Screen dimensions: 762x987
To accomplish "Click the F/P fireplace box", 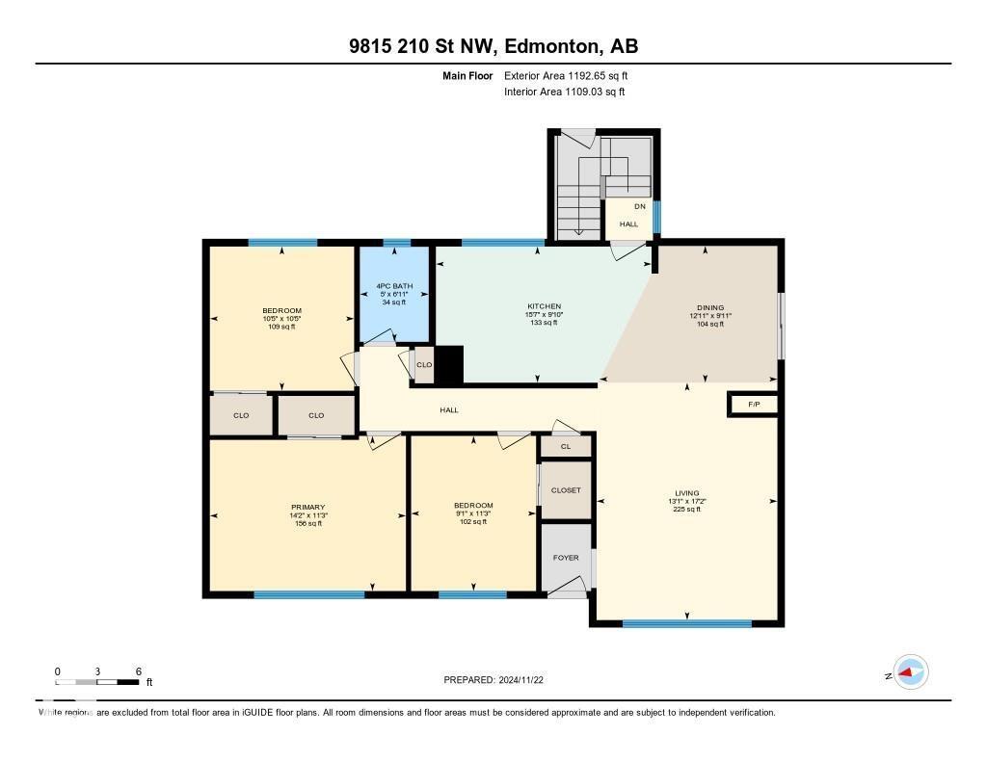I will point(753,405).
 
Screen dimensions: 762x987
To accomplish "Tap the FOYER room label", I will point(566,557).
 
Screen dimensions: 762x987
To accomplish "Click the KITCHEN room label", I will point(544,306).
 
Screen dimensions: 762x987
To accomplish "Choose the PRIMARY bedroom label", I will point(308,507).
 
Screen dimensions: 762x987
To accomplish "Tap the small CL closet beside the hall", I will point(566,446).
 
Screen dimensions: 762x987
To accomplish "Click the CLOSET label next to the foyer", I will point(566,490).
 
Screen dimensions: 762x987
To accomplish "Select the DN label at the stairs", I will point(639,206).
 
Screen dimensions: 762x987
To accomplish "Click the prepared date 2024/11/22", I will point(499,679).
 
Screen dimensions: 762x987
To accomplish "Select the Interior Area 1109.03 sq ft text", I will point(564,92).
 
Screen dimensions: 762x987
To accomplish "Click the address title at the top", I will point(493,46).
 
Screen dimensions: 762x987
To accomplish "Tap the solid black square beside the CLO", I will point(449,366).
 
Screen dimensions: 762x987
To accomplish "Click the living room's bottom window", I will point(686,624).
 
